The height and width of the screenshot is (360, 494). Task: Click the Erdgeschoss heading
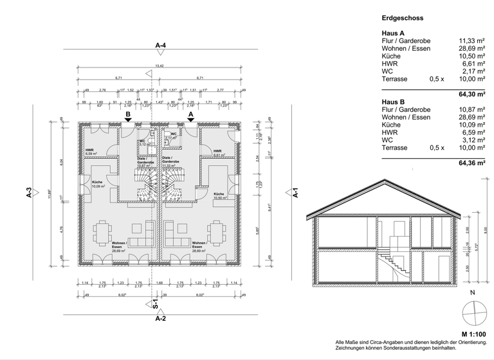click(403, 19)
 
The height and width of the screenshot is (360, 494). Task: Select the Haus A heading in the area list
click(393, 32)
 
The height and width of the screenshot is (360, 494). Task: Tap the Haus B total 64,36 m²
click(472, 163)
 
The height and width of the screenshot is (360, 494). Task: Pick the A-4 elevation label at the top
click(161, 46)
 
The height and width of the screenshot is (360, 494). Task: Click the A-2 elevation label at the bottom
click(161, 318)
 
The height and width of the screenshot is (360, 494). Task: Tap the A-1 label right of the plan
click(295, 194)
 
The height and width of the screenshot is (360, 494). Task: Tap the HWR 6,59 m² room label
click(90, 152)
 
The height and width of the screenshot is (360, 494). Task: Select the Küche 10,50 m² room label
click(219, 196)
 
